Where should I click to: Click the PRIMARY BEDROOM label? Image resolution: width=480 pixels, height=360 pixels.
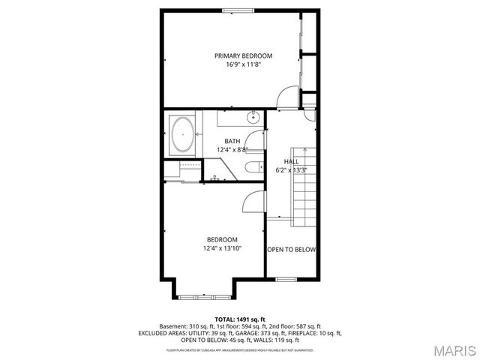coord(243,55)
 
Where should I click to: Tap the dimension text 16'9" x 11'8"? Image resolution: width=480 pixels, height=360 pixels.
coord(243,64)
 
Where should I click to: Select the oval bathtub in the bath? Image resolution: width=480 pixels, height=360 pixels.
coord(182,135)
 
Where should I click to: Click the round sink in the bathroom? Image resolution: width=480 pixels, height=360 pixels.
coord(253,117)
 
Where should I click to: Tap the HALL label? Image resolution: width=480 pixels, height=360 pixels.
coord(291,162)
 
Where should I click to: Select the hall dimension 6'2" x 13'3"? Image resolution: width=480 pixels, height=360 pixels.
coord(291,170)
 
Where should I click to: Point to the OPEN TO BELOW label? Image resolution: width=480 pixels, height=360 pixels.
coord(291,250)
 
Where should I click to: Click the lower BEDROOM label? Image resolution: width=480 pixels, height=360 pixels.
coord(222,239)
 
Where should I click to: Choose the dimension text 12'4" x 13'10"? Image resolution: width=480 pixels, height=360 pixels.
coord(222,248)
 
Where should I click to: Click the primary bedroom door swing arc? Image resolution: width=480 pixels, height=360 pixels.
coord(286,97)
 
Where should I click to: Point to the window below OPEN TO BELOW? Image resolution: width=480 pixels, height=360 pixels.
coord(286,279)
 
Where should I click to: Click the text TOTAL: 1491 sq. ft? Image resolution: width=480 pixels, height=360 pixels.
coord(240,319)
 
